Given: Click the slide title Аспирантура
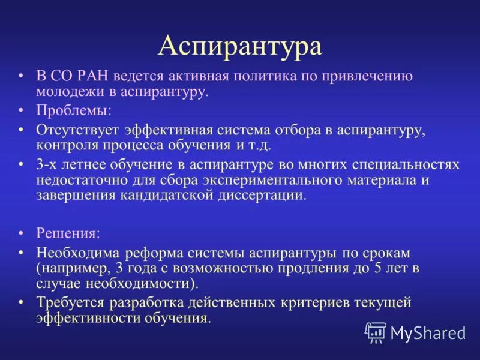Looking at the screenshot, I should click(x=240, y=47).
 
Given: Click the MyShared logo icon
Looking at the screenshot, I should click(x=376, y=332).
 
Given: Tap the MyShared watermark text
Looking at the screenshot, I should click(x=428, y=332).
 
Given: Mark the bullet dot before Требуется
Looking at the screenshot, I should click(x=22, y=302).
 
